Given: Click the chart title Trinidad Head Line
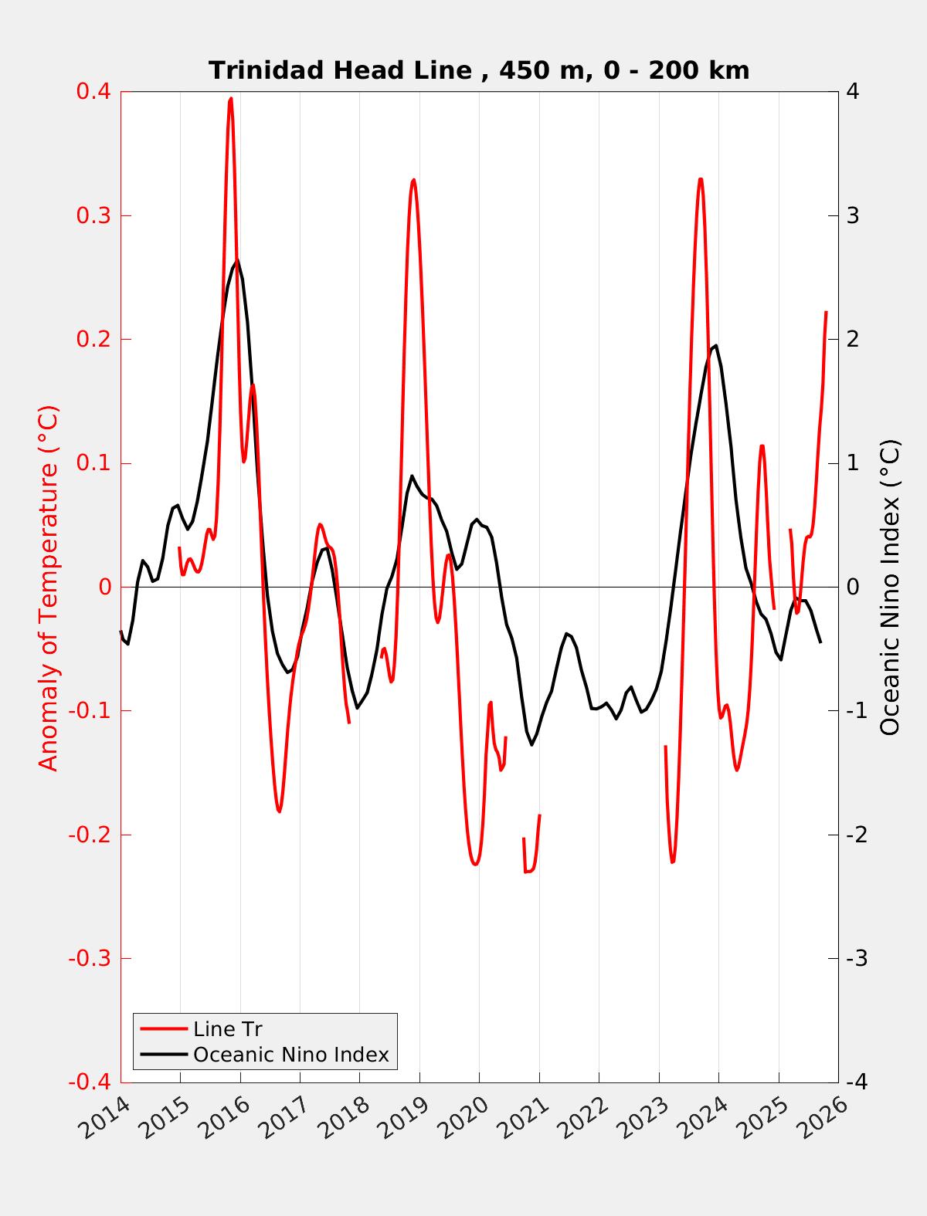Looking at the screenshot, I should [479, 70].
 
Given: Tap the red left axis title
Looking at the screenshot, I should [48, 587].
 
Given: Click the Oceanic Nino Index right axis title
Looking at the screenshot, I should [890, 587].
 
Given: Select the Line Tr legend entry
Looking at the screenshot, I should [228, 1029].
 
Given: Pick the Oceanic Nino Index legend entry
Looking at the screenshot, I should [290, 1055].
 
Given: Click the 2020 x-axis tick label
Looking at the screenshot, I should [465, 1119].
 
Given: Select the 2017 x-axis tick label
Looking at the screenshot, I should [286, 1119].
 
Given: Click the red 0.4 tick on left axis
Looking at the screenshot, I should [93, 91].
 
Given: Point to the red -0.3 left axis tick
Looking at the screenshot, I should [89, 958].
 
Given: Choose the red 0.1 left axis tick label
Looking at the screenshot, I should [93, 463].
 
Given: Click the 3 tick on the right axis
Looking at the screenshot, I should [853, 215].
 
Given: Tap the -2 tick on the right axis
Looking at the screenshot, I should [856, 835].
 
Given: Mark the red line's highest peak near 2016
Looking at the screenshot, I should [230, 99].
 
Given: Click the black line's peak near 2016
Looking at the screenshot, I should [236, 259].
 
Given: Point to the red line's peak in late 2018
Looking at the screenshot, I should [413, 180].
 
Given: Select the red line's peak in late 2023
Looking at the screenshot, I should [700, 179].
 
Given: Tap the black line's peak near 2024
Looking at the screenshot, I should [715, 345].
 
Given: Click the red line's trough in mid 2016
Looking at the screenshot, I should [279, 811].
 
